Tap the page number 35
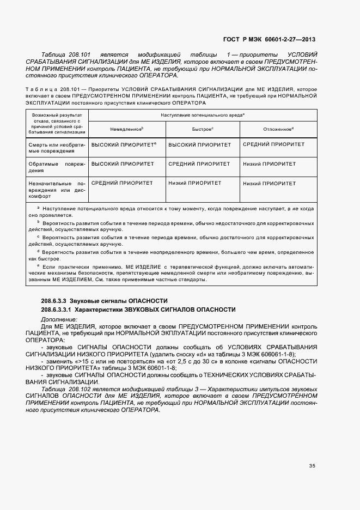point(312,465)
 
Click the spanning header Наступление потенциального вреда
point(202,115)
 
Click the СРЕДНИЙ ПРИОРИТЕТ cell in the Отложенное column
point(273,145)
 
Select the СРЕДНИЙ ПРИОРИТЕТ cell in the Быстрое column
point(199,163)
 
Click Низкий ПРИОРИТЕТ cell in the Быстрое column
point(195,184)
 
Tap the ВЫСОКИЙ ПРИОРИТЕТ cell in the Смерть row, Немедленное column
point(123,145)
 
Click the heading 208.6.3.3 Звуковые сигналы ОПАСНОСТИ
point(104,301)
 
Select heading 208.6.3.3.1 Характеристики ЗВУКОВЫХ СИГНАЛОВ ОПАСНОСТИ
point(138,309)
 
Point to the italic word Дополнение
point(59,319)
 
